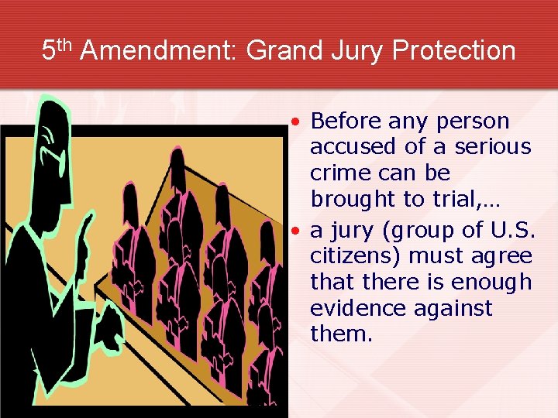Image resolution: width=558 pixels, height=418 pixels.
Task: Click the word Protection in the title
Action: [454, 51]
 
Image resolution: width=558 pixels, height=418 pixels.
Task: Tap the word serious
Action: [493, 147]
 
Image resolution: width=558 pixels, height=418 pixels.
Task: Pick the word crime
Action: [338, 173]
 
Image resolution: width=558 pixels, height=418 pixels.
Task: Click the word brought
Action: [353, 200]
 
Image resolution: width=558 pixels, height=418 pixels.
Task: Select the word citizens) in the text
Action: [356, 256]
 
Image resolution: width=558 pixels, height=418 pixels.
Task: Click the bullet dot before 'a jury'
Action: [298, 231]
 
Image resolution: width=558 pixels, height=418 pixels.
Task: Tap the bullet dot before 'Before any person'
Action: [298, 122]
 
